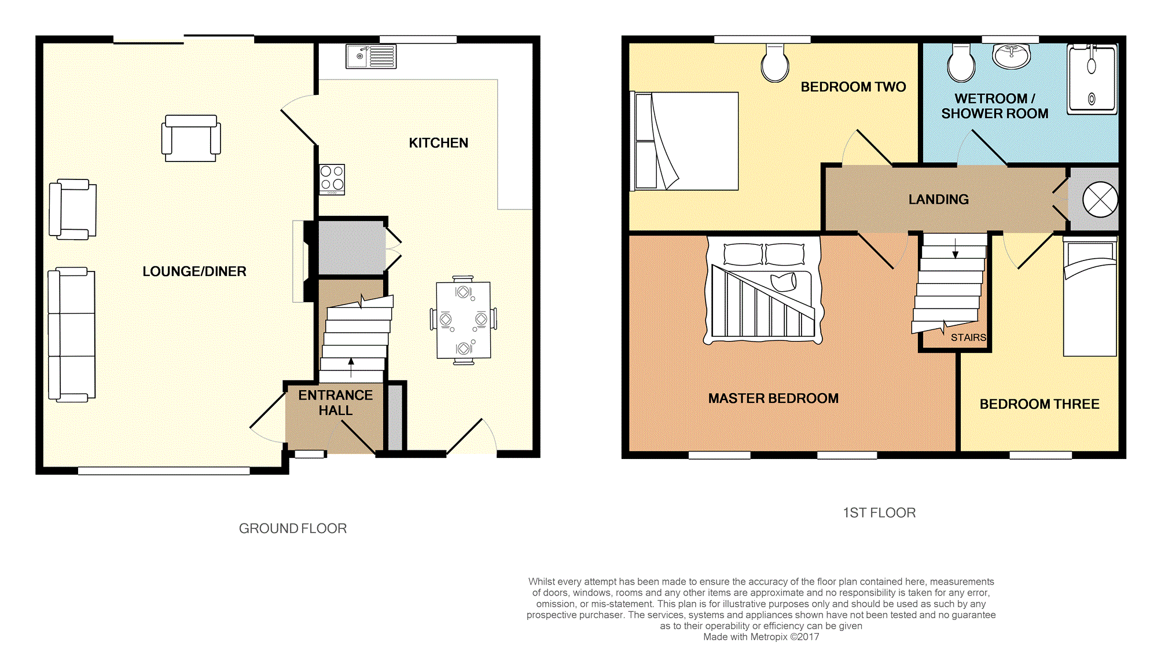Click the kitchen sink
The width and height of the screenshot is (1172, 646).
pos(371,57)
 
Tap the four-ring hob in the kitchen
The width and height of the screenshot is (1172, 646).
pos(332,179)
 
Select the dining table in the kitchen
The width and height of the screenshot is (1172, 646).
pos(463,320)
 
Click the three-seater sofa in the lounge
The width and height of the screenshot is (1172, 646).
pos(72,335)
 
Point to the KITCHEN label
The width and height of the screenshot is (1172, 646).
pos(438,143)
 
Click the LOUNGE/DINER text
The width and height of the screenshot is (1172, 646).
pos(194,271)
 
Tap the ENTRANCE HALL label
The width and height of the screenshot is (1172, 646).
pos(336,403)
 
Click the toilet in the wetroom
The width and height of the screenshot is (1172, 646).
pos(961,64)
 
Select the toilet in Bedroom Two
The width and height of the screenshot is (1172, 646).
pos(775,64)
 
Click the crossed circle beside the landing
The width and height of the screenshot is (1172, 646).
pos(1100,200)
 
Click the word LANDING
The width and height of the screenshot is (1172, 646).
pos(938,200)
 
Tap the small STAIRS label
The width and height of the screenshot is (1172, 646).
pos(968,337)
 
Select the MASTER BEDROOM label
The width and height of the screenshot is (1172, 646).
pos(773,398)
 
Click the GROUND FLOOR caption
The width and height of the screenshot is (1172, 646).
pos(293,528)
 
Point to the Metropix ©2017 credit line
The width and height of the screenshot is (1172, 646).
pos(761,637)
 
